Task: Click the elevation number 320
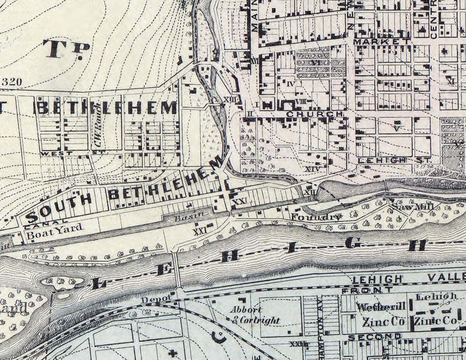coord(12,81)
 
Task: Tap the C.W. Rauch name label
coord(98,126)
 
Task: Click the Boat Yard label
coord(54,229)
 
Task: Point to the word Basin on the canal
coord(187,218)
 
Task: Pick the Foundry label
coord(316,217)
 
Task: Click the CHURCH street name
coord(314,114)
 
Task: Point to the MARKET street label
coord(381,41)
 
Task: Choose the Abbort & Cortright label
coord(254,315)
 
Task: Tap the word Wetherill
coord(381,307)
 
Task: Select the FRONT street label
coord(367,290)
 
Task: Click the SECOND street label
coord(374,337)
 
